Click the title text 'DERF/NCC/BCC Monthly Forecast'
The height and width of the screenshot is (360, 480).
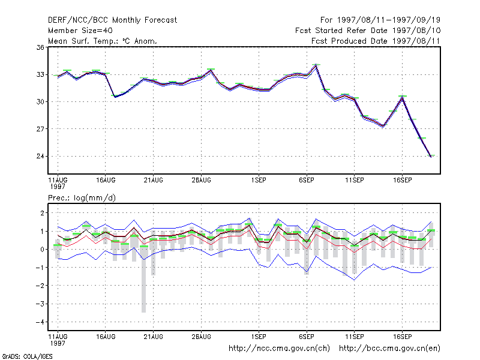tap(112, 20)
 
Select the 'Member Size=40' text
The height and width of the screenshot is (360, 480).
tap(80, 31)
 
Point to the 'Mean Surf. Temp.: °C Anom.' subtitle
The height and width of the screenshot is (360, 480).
tap(103, 41)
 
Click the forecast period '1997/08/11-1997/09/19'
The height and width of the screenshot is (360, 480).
tap(388, 20)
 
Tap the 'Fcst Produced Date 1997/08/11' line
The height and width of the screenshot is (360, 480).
tap(376, 41)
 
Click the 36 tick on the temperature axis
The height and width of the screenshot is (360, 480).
tap(40, 47)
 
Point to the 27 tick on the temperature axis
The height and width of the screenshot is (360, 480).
tap(40, 129)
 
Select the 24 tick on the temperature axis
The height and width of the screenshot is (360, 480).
tap(40, 156)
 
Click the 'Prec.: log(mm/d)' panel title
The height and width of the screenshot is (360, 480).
tap(82, 198)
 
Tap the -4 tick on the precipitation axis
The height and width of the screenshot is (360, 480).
tap(40, 322)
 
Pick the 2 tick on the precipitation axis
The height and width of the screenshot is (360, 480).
tap(42, 213)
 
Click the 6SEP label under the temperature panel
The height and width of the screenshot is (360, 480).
tap(307, 181)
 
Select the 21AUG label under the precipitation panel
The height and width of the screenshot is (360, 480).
tap(154, 337)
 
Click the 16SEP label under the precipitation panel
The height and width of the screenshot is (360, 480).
tap(402, 337)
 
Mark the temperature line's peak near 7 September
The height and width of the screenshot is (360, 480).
tap(316, 65)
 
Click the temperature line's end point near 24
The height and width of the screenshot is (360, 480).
tap(431, 157)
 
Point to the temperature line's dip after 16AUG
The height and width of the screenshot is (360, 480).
tap(115, 97)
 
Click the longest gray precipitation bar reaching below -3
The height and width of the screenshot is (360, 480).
tap(143, 278)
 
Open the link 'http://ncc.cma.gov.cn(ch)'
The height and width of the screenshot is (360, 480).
tap(279, 349)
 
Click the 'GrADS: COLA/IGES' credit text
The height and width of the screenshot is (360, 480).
tap(27, 356)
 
